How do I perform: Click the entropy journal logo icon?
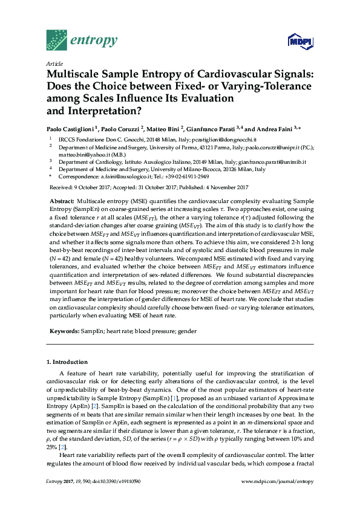56,41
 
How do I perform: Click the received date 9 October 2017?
94,187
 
